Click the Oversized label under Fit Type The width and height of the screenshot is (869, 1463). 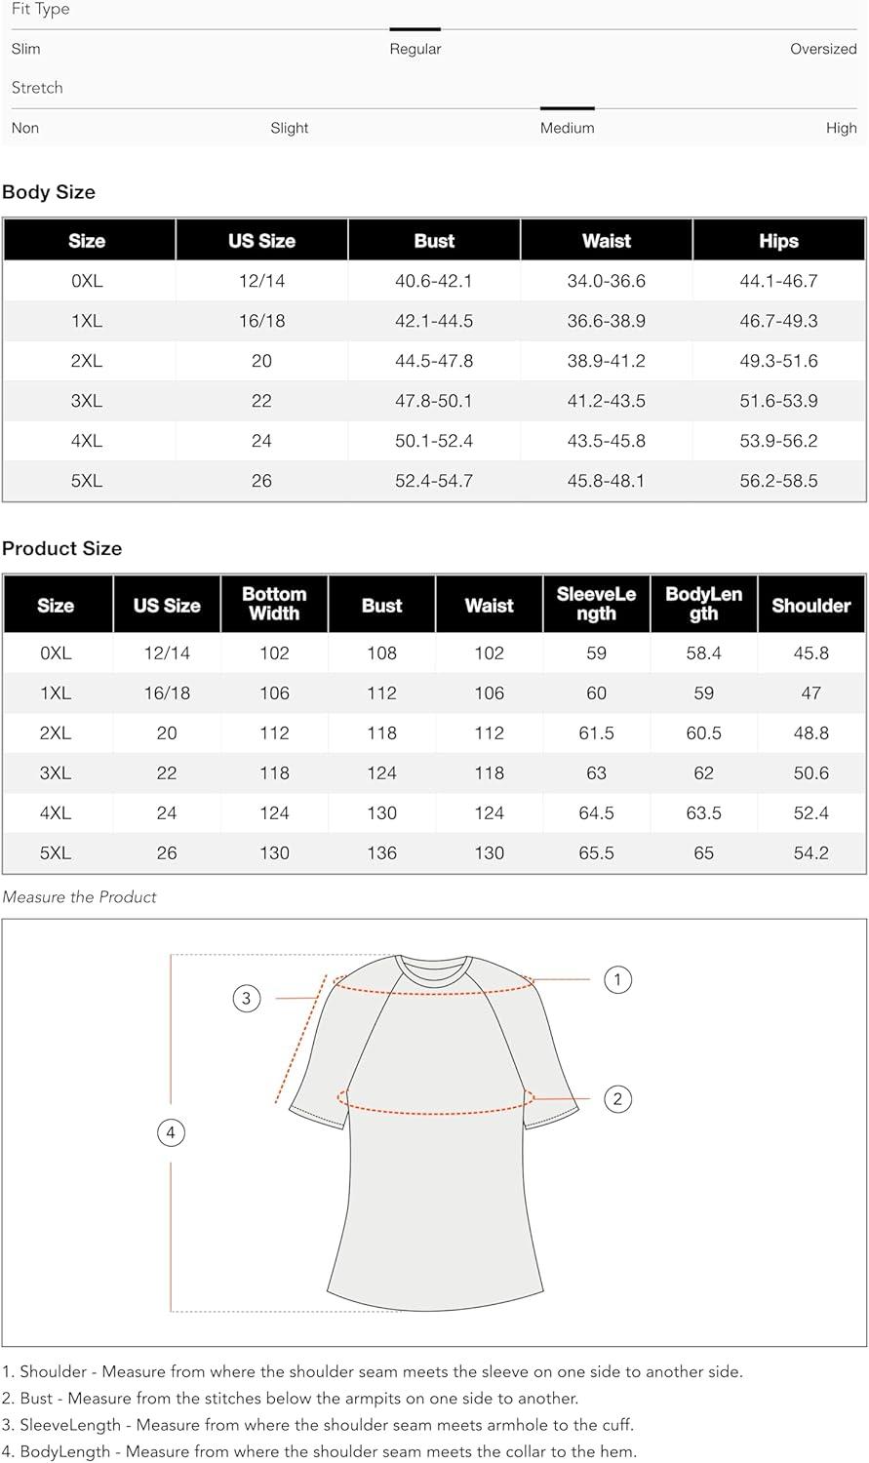tap(822, 49)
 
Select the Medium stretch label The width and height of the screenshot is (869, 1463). tap(567, 128)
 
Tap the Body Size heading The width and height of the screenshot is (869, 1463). tap(49, 192)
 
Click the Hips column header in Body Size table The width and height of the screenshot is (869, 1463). tap(778, 241)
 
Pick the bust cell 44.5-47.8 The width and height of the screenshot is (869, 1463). tap(434, 361)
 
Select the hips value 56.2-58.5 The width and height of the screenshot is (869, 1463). tap(778, 481)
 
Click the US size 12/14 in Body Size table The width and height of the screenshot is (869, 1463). tap(261, 281)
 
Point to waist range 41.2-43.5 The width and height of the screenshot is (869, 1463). tap(606, 401)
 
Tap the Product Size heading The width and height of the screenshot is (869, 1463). tap(61, 548)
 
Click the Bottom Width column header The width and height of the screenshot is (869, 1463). tap(274, 604)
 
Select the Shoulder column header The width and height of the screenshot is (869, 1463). tap(810, 606)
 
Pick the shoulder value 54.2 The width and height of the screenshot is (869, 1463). tap(810, 853)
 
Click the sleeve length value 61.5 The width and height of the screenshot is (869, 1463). tap(596, 733)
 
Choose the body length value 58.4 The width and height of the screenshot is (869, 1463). tap(703, 653)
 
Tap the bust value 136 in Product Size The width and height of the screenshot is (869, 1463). tap(381, 853)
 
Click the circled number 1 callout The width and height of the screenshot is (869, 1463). tap(617, 979)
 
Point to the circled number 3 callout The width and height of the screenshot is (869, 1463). tap(247, 998)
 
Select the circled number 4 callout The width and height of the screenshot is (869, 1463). tap(171, 1132)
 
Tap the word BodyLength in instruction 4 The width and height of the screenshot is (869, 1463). tap(65, 1451)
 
